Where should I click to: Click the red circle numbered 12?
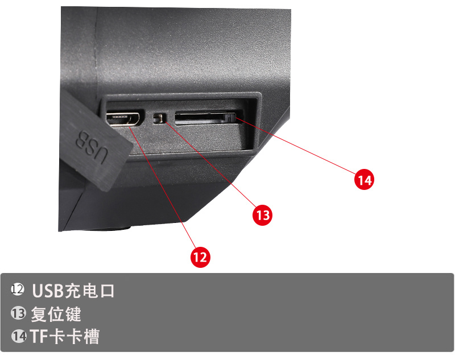pyautogui.click(x=200, y=257)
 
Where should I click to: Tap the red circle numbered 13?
pyautogui.click(x=263, y=215)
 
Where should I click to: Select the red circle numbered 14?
pyautogui.click(x=365, y=180)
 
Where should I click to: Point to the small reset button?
pyautogui.click(x=159, y=118)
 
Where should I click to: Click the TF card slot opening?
pyautogui.click(x=208, y=118)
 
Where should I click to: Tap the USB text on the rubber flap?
pyautogui.click(x=92, y=147)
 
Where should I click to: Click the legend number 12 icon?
pyautogui.click(x=18, y=289)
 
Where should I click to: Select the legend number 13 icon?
pyautogui.click(x=18, y=313)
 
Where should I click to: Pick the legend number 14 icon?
pyautogui.click(x=19, y=336)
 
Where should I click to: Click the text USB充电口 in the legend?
pyautogui.click(x=73, y=291)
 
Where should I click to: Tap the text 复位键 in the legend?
pyautogui.click(x=56, y=314)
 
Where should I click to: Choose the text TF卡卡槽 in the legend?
pyautogui.click(x=65, y=337)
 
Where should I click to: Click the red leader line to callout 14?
pyautogui.click(x=295, y=146)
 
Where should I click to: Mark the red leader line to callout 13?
pyautogui.click(x=209, y=164)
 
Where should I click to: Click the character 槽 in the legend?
pyautogui.click(x=90, y=337)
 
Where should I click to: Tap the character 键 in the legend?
pyautogui.click(x=73, y=314)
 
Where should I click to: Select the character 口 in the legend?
pyautogui.click(x=107, y=291)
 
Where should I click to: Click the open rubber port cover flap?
pyautogui.click(x=93, y=139)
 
